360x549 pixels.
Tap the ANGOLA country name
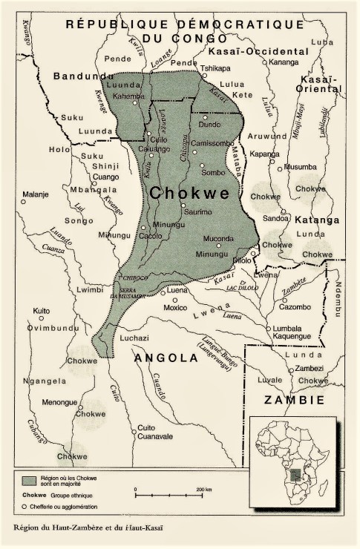coord(166,358)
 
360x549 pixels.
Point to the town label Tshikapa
coord(217,68)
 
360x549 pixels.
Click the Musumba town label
coord(301,167)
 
